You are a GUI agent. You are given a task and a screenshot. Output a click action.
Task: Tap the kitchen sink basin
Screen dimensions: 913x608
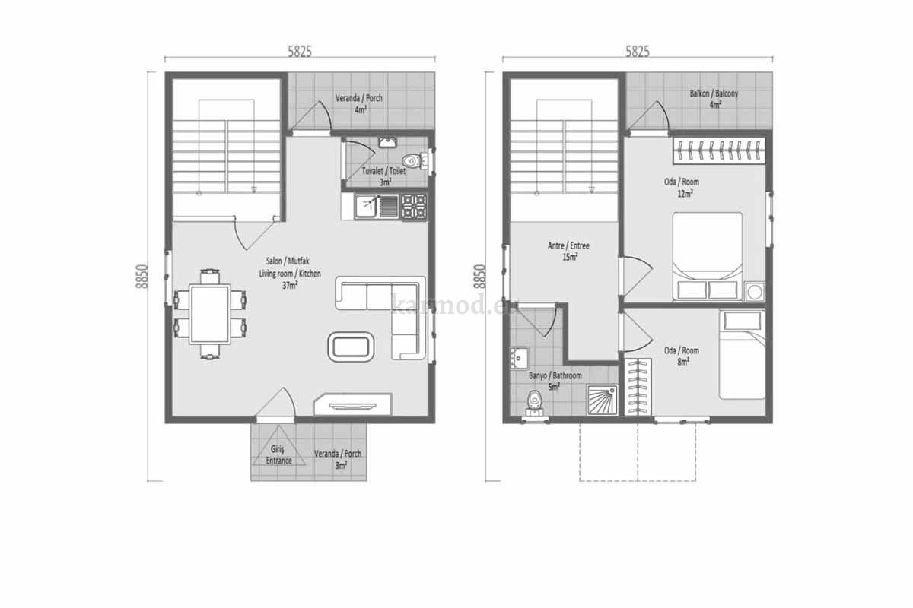pos(367,207)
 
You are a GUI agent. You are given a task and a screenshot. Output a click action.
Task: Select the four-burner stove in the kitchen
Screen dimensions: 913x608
pos(414,207)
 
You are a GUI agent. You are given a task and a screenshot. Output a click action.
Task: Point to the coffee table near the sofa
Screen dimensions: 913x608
pos(351,347)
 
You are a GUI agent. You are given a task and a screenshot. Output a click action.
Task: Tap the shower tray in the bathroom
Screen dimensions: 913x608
pos(602,400)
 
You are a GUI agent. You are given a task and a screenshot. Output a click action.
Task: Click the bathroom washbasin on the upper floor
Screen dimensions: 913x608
pos(519,359)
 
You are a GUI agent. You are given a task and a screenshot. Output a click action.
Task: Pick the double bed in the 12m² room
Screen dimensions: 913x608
pos(707,257)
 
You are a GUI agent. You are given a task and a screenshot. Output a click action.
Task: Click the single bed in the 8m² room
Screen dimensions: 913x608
pos(742,355)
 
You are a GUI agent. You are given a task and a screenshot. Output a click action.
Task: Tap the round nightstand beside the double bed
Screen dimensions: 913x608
pos(755,292)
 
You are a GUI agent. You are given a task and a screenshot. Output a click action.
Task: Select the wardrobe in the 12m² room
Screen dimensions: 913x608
pos(718,150)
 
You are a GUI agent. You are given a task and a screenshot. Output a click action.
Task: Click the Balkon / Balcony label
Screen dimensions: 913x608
pos(714,93)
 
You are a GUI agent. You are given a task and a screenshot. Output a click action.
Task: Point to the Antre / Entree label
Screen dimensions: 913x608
pos(568,245)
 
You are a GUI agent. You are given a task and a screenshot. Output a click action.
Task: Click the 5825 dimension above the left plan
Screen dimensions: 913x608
pos(300,52)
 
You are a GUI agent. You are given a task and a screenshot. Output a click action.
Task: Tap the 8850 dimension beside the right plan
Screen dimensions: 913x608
pos(479,277)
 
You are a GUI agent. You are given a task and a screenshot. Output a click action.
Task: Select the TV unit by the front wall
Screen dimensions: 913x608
pos(352,404)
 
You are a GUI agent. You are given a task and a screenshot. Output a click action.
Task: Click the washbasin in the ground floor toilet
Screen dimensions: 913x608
pos(387,142)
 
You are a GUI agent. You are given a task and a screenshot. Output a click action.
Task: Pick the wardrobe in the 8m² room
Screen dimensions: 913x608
pos(638,388)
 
